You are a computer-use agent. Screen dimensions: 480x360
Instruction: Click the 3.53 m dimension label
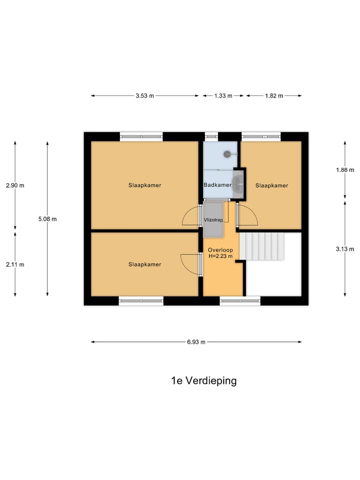144,96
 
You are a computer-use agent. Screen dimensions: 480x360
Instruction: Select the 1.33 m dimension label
223,96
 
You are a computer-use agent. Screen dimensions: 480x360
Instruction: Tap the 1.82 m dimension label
273,96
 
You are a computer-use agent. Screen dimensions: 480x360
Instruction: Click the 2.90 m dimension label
15,185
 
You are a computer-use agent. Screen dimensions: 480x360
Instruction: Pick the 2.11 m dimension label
15,264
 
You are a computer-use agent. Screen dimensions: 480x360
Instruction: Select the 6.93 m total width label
196,342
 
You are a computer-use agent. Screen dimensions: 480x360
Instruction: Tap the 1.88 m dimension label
345,169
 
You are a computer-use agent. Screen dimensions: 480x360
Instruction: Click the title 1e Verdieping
203,380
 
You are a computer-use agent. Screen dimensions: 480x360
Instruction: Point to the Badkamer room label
217,185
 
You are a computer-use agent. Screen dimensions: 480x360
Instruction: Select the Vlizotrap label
213,219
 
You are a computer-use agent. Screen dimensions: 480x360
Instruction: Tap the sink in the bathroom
238,184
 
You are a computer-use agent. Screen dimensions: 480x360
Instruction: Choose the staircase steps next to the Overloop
262,246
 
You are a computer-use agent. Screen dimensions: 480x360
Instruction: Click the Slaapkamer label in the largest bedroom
144,185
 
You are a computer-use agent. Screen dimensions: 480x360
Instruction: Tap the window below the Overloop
240,301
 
